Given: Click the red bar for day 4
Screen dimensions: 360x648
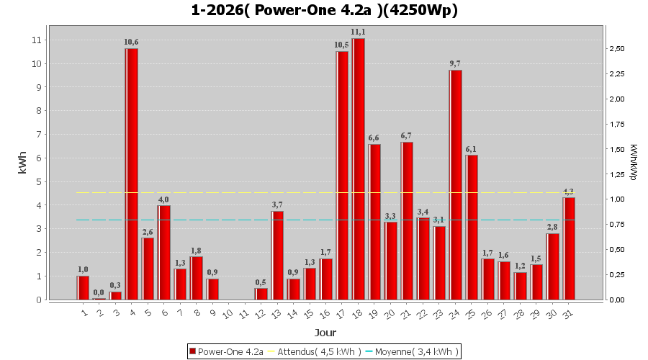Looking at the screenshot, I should pyautogui.click(x=132, y=174).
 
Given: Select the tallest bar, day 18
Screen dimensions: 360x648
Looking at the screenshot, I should pyautogui.click(x=359, y=168).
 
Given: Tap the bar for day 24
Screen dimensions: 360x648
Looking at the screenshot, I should pyautogui.click(x=456, y=184).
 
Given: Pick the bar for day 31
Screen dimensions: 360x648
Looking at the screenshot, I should pyautogui.click(x=569, y=248).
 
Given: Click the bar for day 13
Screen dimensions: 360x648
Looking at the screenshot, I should pyautogui.click(x=277, y=255).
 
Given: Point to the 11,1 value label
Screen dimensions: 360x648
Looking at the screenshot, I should pyautogui.click(x=358, y=32).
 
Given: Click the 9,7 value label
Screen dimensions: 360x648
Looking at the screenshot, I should pyautogui.click(x=455, y=63).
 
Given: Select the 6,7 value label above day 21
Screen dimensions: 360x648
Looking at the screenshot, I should pyautogui.click(x=407, y=135).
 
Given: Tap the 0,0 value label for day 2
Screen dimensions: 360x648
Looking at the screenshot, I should pyautogui.click(x=99, y=292).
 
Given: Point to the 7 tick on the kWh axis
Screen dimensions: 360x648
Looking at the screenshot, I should pyautogui.click(x=36, y=134).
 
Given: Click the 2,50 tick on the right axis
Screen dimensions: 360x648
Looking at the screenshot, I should pyautogui.click(x=618, y=49).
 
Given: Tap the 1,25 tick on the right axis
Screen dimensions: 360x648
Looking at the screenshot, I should pyautogui.click(x=618, y=174).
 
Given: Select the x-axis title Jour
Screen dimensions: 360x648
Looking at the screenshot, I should pyautogui.click(x=324, y=333).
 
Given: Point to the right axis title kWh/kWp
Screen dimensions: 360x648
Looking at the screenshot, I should pyautogui.click(x=633, y=163).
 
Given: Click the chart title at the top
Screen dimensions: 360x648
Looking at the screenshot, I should pyautogui.click(x=324, y=10).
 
